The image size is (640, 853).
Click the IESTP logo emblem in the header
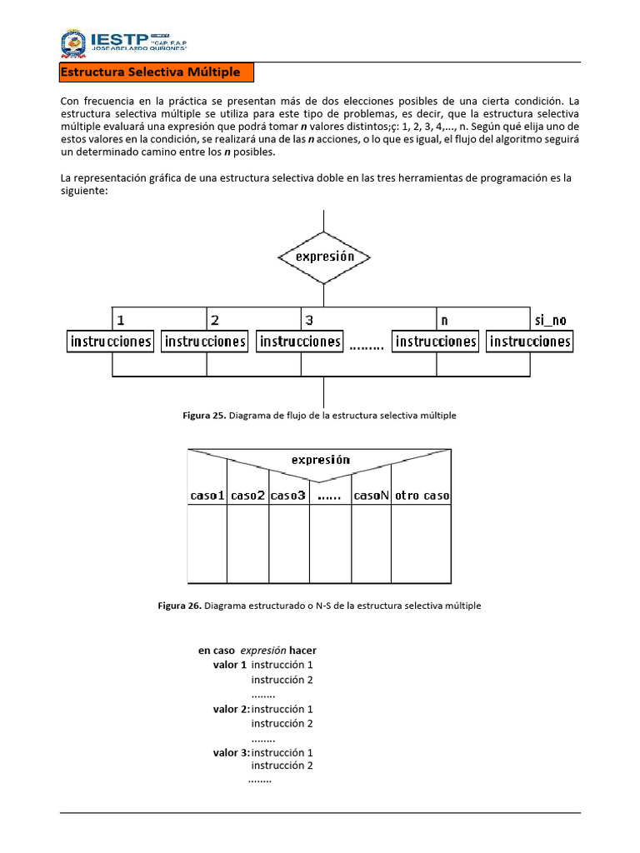coord(72,43)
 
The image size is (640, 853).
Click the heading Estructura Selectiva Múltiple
coord(150,72)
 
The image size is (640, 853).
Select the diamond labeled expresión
coord(324,257)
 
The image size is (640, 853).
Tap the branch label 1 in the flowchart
coord(121,320)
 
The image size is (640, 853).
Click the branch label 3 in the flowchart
coord(309,320)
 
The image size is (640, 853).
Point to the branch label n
coord(444,320)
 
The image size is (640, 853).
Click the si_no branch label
coord(549,320)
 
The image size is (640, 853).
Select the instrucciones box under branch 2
coord(205,342)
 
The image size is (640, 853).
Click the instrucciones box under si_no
coord(530,342)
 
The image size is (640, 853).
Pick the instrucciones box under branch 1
coord(110,342)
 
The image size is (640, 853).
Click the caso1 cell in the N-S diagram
coord(207,495)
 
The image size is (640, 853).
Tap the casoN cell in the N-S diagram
coord(372,495)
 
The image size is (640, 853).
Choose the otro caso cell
coord(422,495)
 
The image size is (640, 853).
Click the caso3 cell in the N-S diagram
coord(288,495)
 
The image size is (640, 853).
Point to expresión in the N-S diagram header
coord(320,460)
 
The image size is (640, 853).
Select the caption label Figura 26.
coord(179,606)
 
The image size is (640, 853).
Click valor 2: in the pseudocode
coord(231,709)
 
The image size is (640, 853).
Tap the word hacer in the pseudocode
coord(303,650)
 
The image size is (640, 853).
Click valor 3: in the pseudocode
coord(231,752)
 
